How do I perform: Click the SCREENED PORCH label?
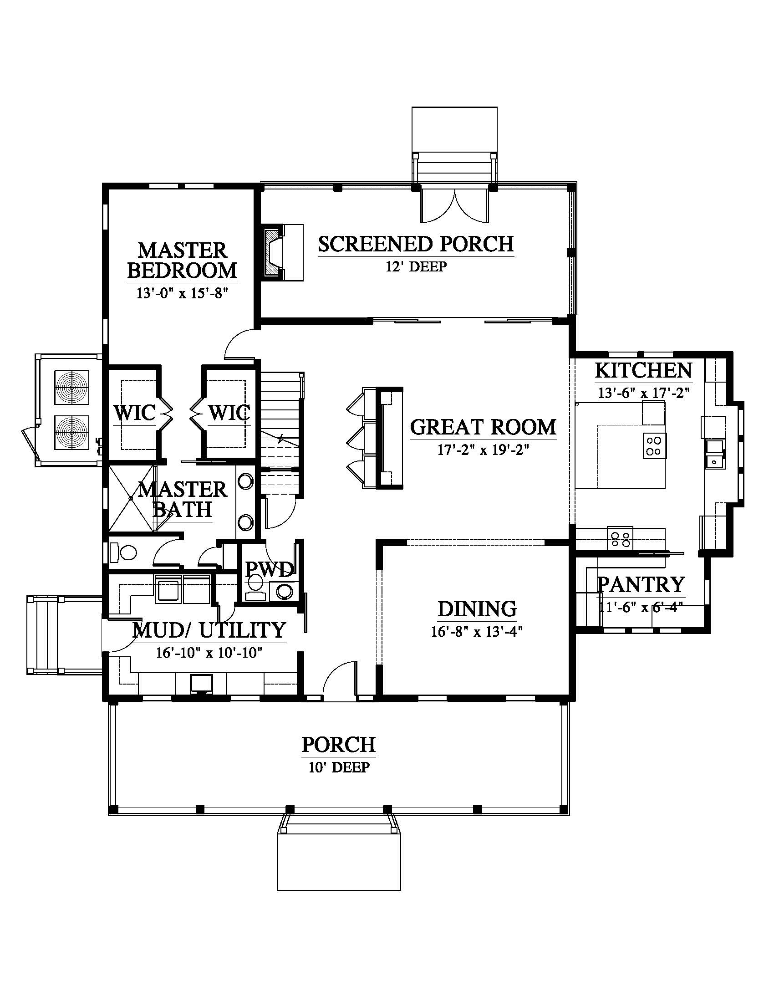click(416, 244)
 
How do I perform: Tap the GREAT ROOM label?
click(483, 427)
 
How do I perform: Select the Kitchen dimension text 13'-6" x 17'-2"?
click(643, 393)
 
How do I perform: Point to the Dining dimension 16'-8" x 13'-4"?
click(477, 632)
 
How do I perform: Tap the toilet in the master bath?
click(123, 552)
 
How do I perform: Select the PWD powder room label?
click(269, 569)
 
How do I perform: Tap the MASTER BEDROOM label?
click(182, 260)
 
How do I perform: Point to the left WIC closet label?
click(135, 413)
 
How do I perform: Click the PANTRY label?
click(641, 584)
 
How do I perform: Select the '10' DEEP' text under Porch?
click(339, 767)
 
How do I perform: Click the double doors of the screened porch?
click(454, 205)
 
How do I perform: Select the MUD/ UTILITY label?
click(209, 630)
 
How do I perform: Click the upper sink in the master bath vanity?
click(246, 482)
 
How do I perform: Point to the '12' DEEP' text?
click(416, 266)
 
